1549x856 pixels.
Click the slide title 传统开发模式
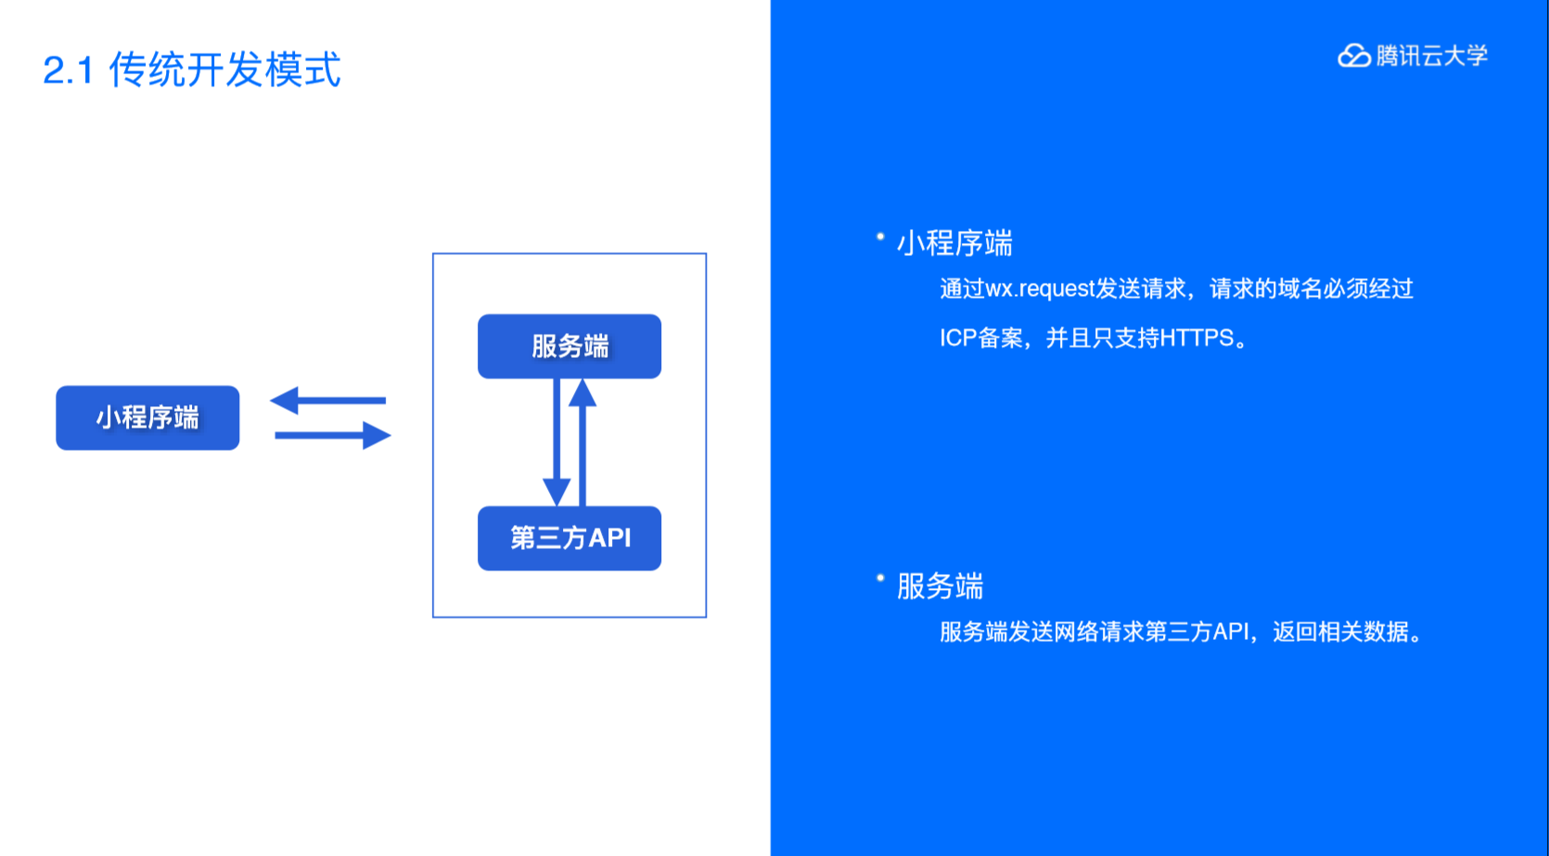click(x=224, y=70)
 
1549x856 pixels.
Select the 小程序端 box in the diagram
click(x=147, y=418)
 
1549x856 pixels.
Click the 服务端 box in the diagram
click(x=570, y=347)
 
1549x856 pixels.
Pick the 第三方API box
click(x=570, y=538)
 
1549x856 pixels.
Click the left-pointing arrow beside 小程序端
click(x=327, y=401)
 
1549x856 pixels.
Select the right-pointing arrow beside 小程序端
click(x=333, y=435)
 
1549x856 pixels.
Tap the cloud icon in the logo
click(x=1353, y=57)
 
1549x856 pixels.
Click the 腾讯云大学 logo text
click(x=1431, y=57)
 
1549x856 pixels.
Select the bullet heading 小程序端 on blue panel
click(x=954, y=244)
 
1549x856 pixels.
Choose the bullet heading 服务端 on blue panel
click(x=940, y=586)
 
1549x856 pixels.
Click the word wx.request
click(x=1040, y=289)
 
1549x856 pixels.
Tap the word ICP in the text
click(x=957, y=338)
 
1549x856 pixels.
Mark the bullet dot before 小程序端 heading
click(x=880, y=237)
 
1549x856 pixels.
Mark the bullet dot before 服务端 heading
click(x=880, y=579)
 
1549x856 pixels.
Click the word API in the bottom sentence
click(x=1231, y=632)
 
